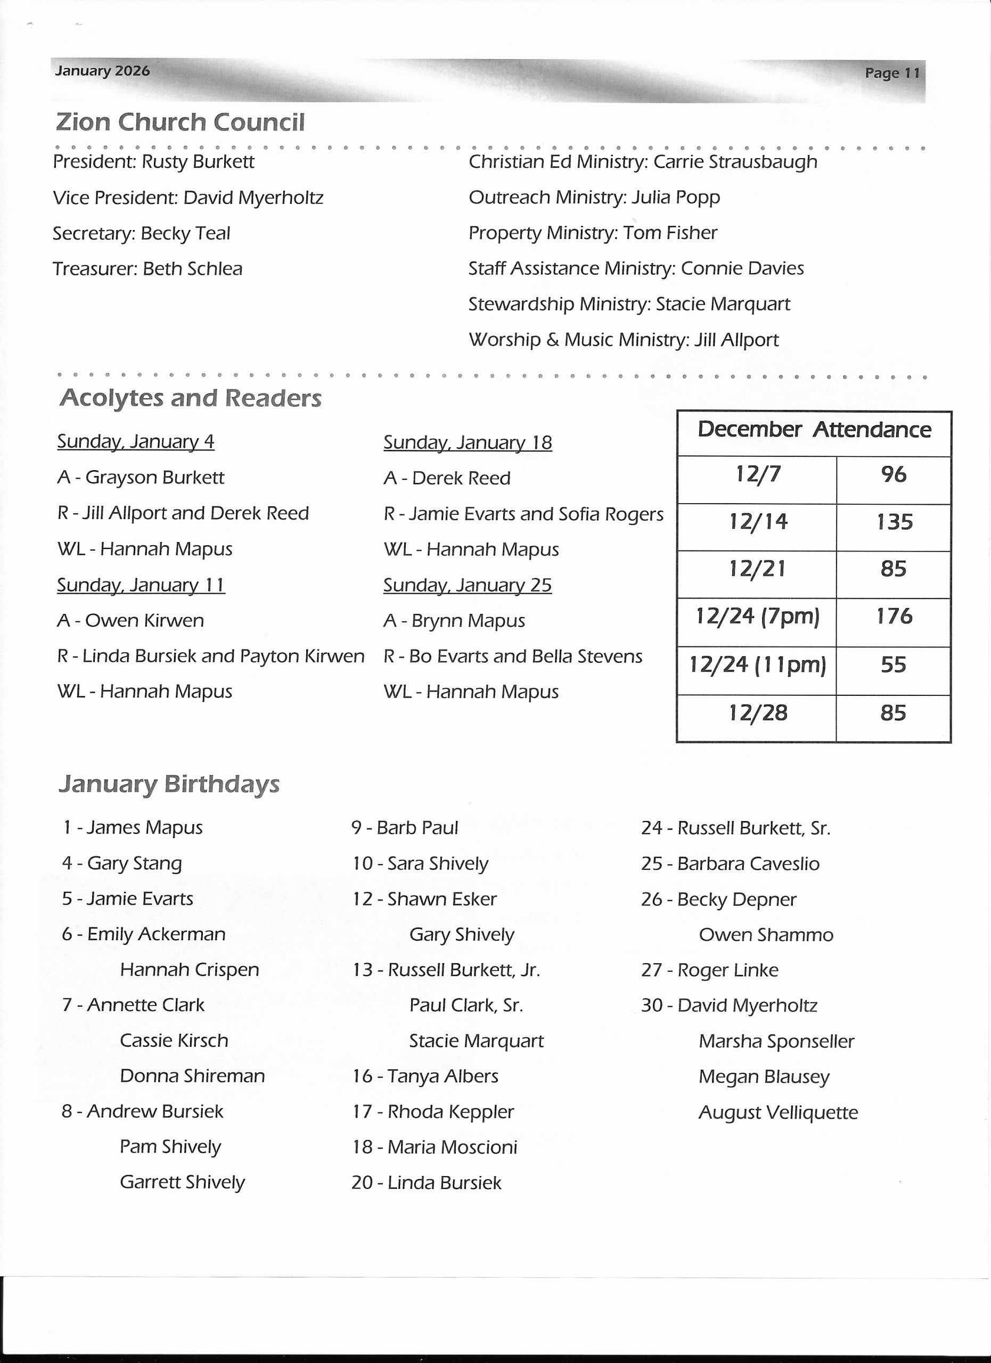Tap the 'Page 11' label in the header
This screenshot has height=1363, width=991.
point(892,73)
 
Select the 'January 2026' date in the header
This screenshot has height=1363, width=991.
point(102,71)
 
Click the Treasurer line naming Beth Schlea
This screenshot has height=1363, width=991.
point(147,269)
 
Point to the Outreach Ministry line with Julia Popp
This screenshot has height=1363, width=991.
point(594,198)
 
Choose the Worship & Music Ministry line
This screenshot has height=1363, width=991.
point(623,340)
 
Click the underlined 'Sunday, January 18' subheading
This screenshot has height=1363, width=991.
point(468,443)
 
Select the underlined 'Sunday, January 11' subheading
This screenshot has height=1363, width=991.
point(141,585)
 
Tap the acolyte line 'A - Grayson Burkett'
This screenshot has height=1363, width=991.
point(141,478)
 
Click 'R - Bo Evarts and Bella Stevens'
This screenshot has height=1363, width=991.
point(513,656)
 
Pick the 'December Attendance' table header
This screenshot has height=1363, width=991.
point(814,430)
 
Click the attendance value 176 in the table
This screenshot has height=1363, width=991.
point(894,617)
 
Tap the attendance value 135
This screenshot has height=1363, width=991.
point(894,522)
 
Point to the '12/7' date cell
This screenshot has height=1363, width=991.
point(758,475)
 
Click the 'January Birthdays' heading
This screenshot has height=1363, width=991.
point(169,784)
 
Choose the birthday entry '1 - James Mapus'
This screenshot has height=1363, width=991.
point(132,828)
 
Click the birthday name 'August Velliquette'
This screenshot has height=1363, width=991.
point(777,1113)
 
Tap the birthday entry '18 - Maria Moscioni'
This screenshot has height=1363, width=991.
point(434,1148)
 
